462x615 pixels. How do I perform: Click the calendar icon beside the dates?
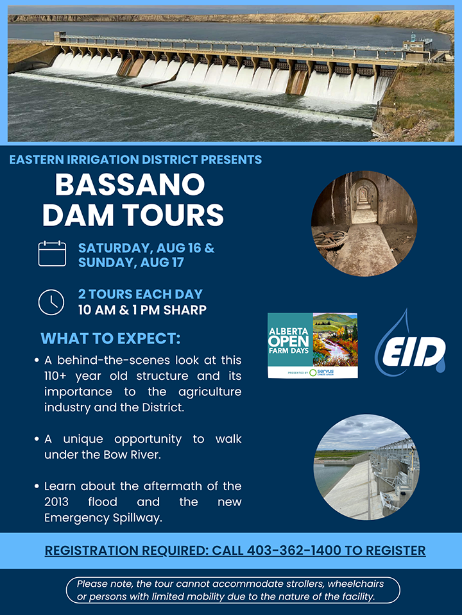point(52,254)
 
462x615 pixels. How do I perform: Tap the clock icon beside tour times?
point(51,302)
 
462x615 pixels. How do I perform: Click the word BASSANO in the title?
point(130,184)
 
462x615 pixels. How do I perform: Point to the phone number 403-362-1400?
point(294,550)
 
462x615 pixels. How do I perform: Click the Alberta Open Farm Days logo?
point(312,345)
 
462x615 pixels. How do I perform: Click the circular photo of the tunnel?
point(364,224)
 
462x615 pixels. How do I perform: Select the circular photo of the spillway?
point(366,468)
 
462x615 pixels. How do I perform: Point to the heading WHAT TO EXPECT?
point(110,338)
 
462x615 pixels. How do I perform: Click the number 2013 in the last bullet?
point(56,502)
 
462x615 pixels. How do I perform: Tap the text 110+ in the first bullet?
point(55,376)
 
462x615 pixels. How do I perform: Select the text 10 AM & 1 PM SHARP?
point(142,310)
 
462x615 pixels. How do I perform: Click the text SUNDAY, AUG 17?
point(131,262)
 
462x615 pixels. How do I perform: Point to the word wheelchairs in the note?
point(355,584)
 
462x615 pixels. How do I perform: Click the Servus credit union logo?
point(321,372)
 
